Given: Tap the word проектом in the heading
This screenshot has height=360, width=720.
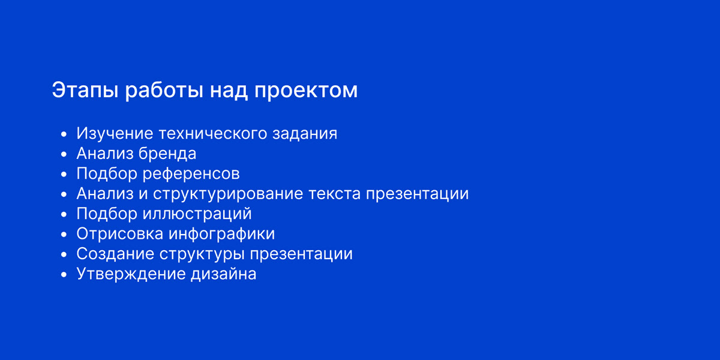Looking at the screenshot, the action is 305,91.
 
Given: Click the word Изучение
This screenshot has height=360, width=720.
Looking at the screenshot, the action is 115,134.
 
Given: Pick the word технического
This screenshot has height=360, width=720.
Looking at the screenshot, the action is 213,133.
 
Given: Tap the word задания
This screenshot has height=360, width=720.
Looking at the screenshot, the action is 305,134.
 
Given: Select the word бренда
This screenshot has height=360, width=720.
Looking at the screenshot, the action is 167,154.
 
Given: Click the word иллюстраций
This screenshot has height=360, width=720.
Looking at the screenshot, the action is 197,214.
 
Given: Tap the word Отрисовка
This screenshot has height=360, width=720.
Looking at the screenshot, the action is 119,233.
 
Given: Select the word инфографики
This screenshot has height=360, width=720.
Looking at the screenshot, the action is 222,233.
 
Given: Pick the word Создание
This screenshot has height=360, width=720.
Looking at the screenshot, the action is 115,254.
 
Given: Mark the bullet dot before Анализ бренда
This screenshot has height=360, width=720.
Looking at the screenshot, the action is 64,154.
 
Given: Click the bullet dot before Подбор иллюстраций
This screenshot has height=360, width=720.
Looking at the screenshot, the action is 64,214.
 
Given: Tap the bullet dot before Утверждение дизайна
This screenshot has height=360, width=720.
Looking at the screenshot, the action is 64,275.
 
